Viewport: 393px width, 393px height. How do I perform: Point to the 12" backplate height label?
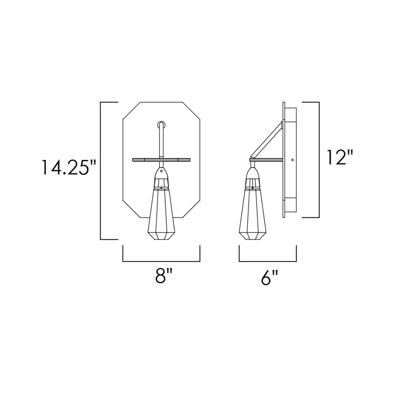click(340, 157)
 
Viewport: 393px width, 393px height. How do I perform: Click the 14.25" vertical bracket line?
click(101, 171)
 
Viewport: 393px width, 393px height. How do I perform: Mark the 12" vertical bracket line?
click(319, 160)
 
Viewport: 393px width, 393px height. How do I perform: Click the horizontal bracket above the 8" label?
click(161, 261)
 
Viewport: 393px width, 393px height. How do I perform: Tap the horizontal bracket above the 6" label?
click(268, 261)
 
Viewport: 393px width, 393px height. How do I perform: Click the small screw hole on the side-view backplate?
click(292, 160)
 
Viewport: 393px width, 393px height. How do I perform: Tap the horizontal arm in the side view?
click(269, 160)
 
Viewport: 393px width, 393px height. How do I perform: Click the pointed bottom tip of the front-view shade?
click(161, 239)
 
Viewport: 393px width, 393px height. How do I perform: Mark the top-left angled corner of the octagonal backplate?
click(131, 110)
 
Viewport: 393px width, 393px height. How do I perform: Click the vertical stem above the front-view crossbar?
click(162, 141)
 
